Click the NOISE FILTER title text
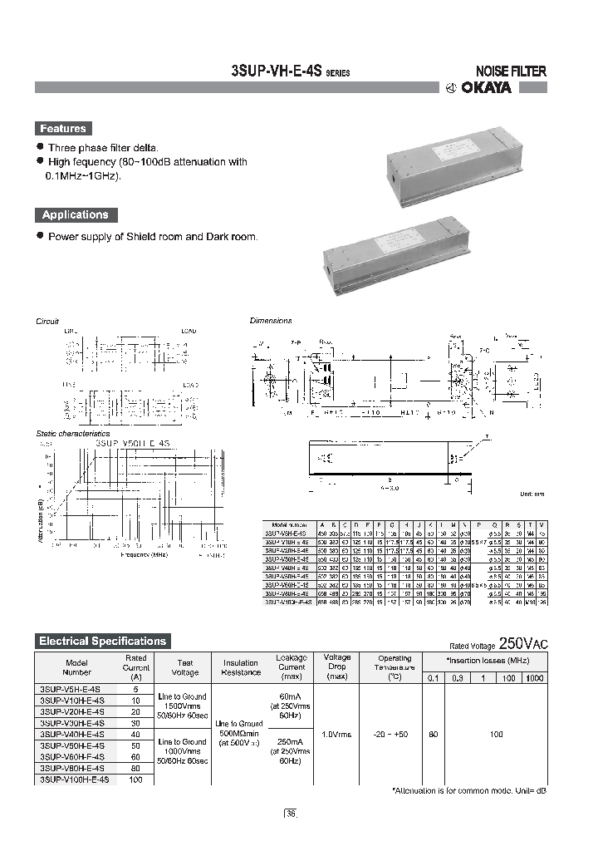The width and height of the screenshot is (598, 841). point(510,71)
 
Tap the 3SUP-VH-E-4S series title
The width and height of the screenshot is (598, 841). point(290,71)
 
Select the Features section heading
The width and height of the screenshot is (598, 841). point(62,129)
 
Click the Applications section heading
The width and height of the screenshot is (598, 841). point(75,214)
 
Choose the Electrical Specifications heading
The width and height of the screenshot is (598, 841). point(103,641)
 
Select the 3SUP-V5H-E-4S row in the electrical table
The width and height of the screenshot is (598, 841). point(70,689)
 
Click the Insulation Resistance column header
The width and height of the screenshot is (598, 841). point(241,668)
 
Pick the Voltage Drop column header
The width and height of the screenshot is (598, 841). point(337,667)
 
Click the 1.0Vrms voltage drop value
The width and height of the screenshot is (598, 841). point(337,735)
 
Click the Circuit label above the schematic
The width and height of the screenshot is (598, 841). point(47,321)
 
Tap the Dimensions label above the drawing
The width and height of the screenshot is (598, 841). point(272,321)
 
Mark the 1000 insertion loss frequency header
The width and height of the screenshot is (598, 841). point(534,678)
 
